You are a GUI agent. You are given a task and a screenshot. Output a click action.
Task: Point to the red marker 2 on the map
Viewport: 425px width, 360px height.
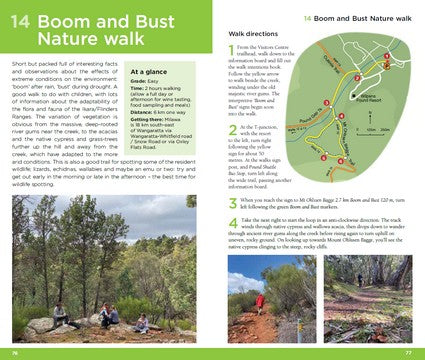click(357, 77)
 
